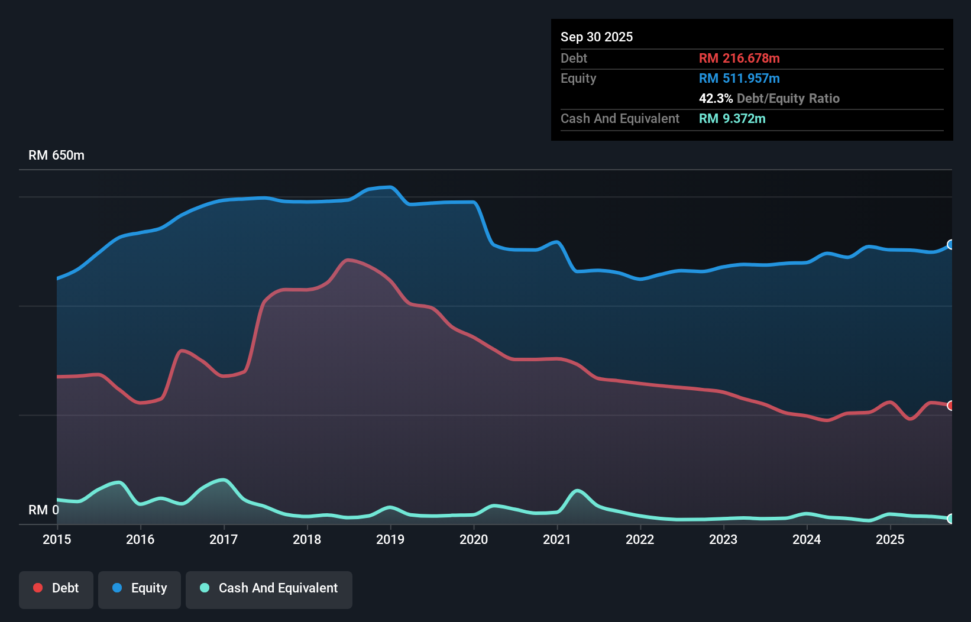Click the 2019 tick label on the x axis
click(x=390, y=539)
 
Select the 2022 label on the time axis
click(x=640, y=539)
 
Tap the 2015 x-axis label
click(x=57, y=539)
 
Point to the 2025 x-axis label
click(x=890, y=539)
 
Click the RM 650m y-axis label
click(x=56, y=155)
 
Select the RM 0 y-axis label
click(x=44, y=510)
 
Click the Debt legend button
click(x=56, y=588)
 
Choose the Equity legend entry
click(x=140, y=588)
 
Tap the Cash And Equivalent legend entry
click(x=269, y=588)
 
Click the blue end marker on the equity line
click(x=950, y=245)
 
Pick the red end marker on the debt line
click(x=950, y=406)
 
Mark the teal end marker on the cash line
click(x=950, y=519)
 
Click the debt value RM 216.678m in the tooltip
click(x=739, y=59)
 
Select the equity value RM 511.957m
click(x=739, y=79)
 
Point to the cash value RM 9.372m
click(x=732, y=119)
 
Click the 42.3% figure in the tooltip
click(x=716, y=99)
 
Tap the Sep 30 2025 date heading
click(x=597, y=37)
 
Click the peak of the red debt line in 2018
click(x=349, y=260)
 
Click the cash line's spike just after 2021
click(x=577, y=490)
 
